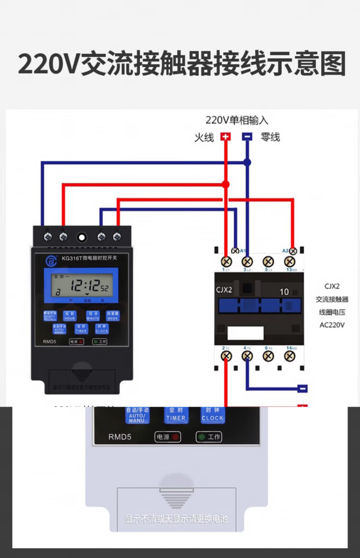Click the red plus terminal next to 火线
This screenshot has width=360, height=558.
[226, 136]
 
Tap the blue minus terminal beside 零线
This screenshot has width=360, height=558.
[247, 136]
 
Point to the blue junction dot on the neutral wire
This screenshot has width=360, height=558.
[247, 162]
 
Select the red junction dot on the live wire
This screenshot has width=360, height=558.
[226, 184]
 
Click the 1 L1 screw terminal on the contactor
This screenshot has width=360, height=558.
[226, 262]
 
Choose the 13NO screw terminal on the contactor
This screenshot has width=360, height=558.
[289, 262]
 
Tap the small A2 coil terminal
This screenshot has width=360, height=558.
[293, 251]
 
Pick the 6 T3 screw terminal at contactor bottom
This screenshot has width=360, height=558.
[268, 356]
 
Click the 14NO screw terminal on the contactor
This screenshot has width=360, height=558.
[289, 356]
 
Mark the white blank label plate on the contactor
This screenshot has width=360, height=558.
[245, 333]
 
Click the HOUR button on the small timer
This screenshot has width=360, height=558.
[70, 316]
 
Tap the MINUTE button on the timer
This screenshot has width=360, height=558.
[93, 316]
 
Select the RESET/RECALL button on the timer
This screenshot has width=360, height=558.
[50, 316]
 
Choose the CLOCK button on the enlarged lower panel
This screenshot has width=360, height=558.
[212, 415]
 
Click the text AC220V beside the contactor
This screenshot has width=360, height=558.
[332, 325]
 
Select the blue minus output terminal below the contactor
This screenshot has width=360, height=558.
[302, 388]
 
